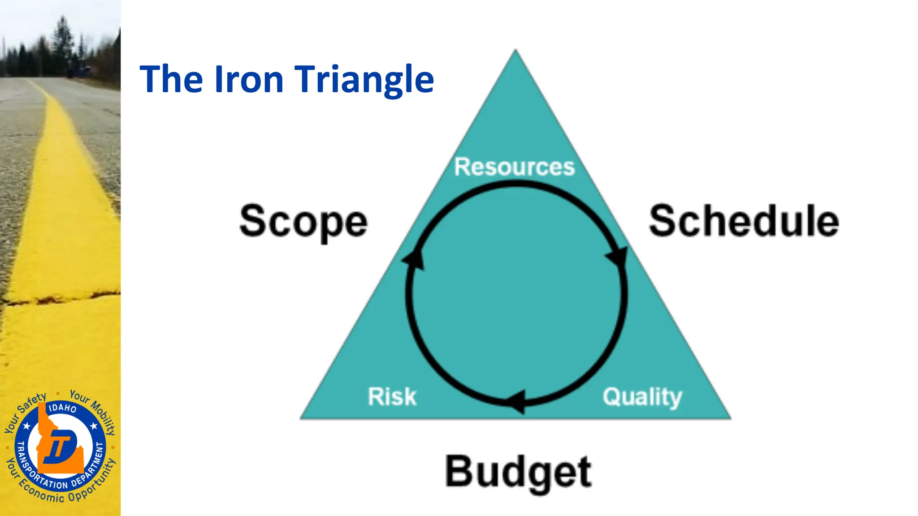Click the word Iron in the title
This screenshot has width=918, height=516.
(249, 79)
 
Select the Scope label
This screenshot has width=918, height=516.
(303, 221)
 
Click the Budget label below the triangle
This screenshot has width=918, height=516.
(518, 472)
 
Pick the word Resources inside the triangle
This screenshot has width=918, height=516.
(514, 167)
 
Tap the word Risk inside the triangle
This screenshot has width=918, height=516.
(392, 396)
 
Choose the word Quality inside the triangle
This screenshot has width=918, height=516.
(642, 397)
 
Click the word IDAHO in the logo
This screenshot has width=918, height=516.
(62, 408)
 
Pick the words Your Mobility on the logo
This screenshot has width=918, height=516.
(94, 410)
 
